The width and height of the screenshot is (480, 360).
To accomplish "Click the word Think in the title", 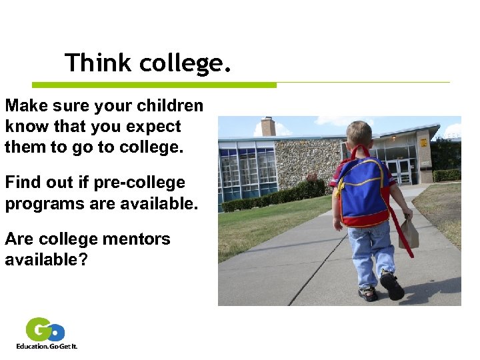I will tap(99, 63).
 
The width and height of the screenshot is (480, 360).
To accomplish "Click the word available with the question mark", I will tap(45, 260).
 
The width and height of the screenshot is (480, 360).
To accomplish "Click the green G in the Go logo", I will tap(39, 329).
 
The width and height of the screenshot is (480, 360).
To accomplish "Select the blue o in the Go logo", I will tap(57, 331).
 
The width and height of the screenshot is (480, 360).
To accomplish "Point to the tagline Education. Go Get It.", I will tap(47, 347).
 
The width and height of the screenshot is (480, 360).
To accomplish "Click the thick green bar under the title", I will tap(154, 85).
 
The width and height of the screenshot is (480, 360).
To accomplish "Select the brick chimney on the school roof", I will tap(269, 127).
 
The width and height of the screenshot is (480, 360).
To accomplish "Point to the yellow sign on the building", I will tap(423, 143).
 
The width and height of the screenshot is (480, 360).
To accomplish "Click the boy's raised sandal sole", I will tap(392, 287).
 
